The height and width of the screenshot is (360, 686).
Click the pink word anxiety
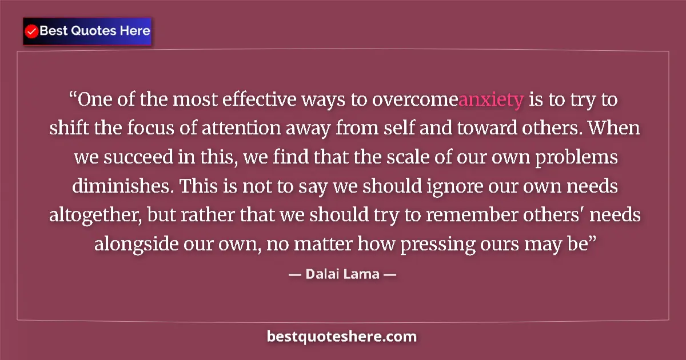point(491,100)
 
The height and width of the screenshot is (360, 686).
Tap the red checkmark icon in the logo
point(32,31)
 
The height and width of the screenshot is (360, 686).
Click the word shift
point(65,129)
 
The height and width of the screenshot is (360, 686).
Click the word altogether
point(93,215)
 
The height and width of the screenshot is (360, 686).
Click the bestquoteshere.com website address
point(342,337)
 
